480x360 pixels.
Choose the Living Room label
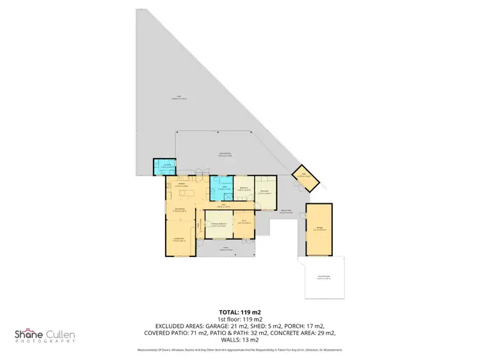(179, 240)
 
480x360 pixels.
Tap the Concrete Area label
(323, 278)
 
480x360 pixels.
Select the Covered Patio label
(225, 154)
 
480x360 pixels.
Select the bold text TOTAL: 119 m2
(240, 312)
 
